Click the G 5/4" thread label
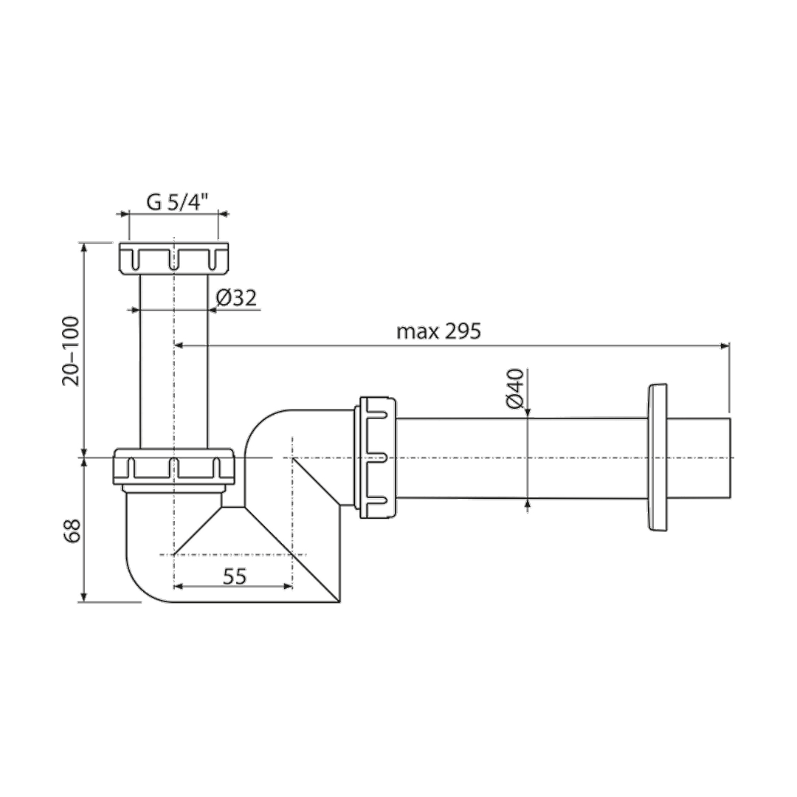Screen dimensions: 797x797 [177, 202]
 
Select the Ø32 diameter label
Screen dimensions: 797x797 [236, 298]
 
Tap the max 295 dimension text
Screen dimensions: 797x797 [438, 331]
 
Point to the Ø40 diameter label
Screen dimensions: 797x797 [514, 388]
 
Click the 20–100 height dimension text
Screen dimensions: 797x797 [71, 351]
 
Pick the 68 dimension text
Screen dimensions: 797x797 [72, 531]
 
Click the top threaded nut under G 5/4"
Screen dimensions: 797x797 [174, 259]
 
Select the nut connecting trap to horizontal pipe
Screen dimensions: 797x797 [378, 458]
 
